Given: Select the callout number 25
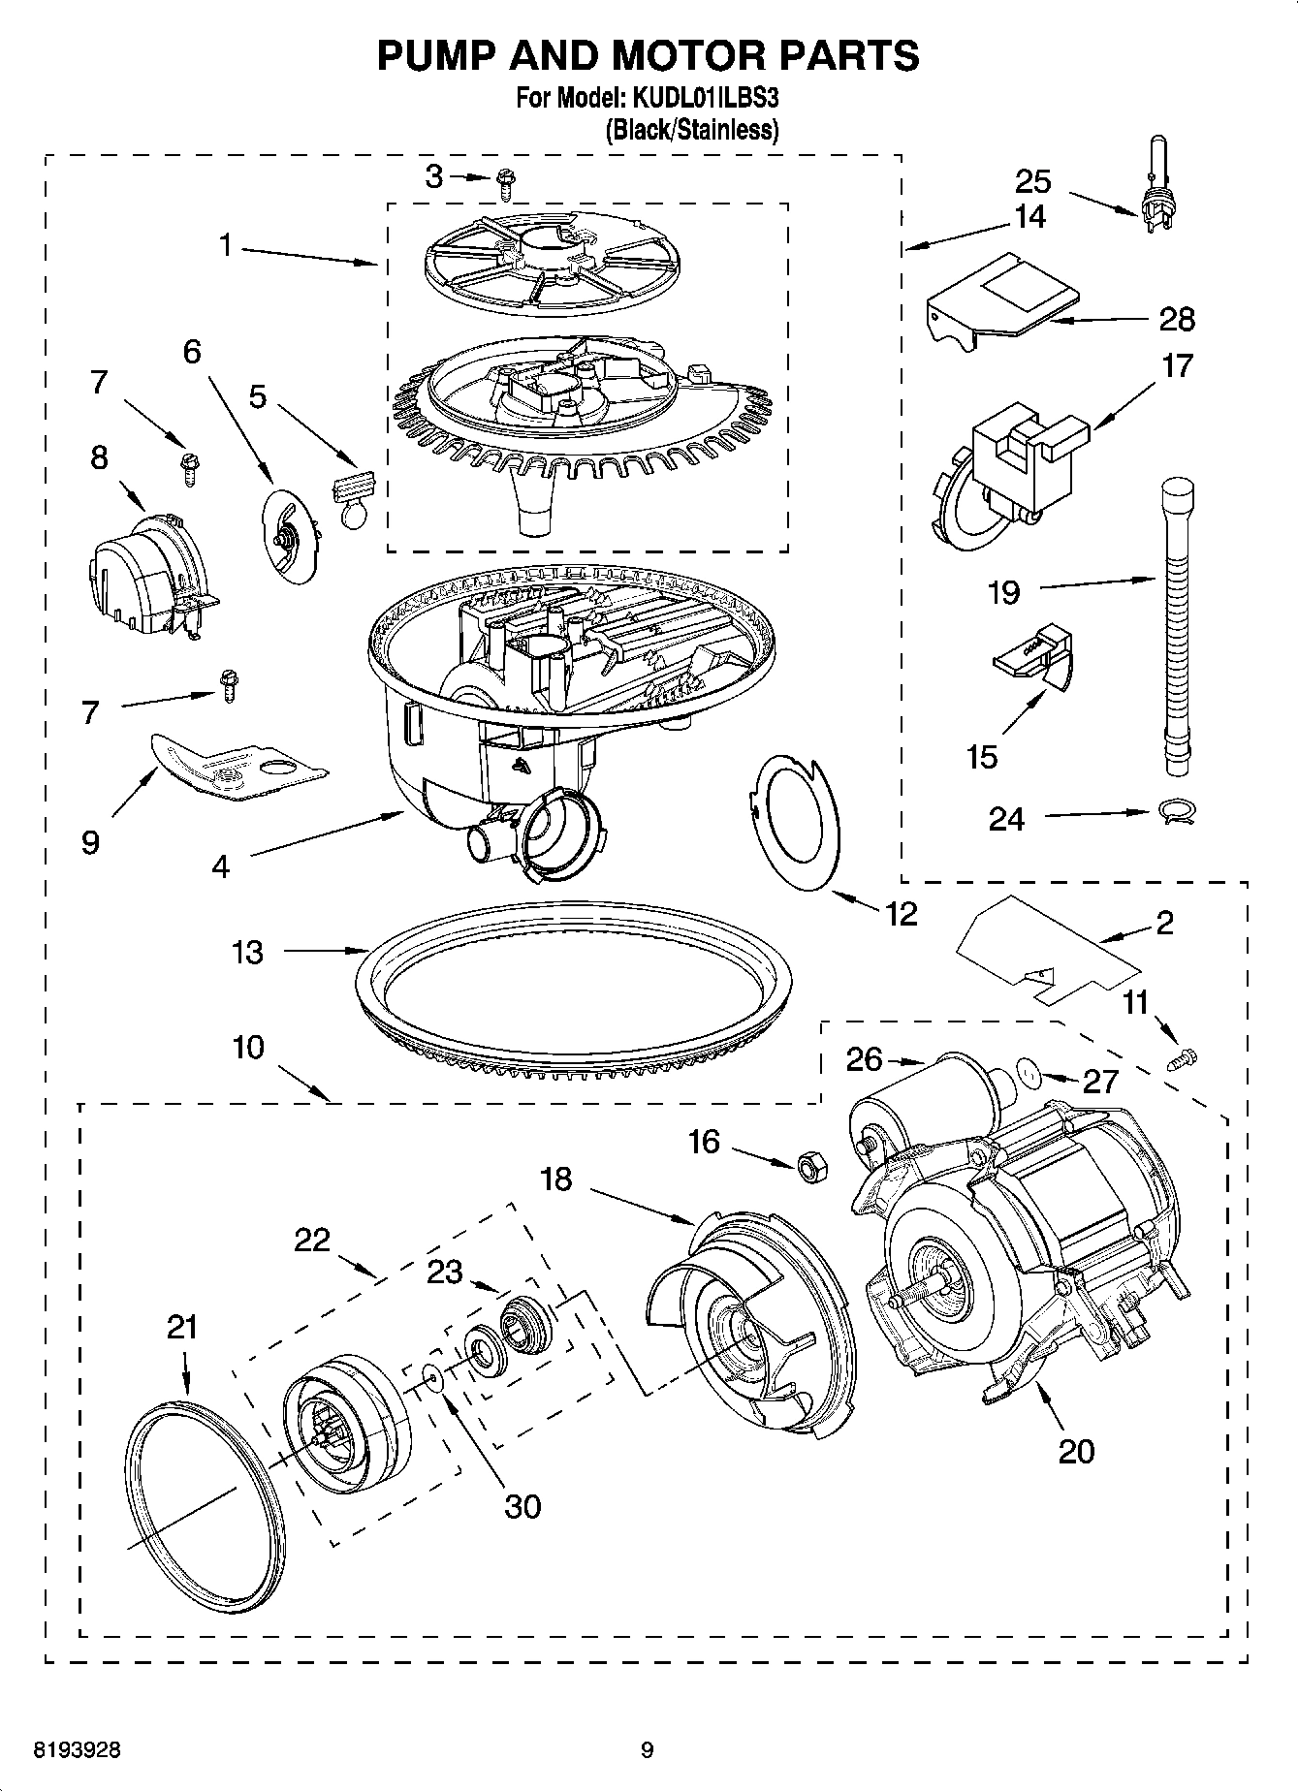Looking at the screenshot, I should point(1032,181).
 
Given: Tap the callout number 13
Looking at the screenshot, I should point(248,952).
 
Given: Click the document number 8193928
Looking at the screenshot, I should point(77,1750).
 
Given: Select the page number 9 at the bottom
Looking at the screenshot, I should point(648,1750).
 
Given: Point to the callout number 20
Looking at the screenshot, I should point(1076,1451).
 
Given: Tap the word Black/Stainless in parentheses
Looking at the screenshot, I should point(691,130).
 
